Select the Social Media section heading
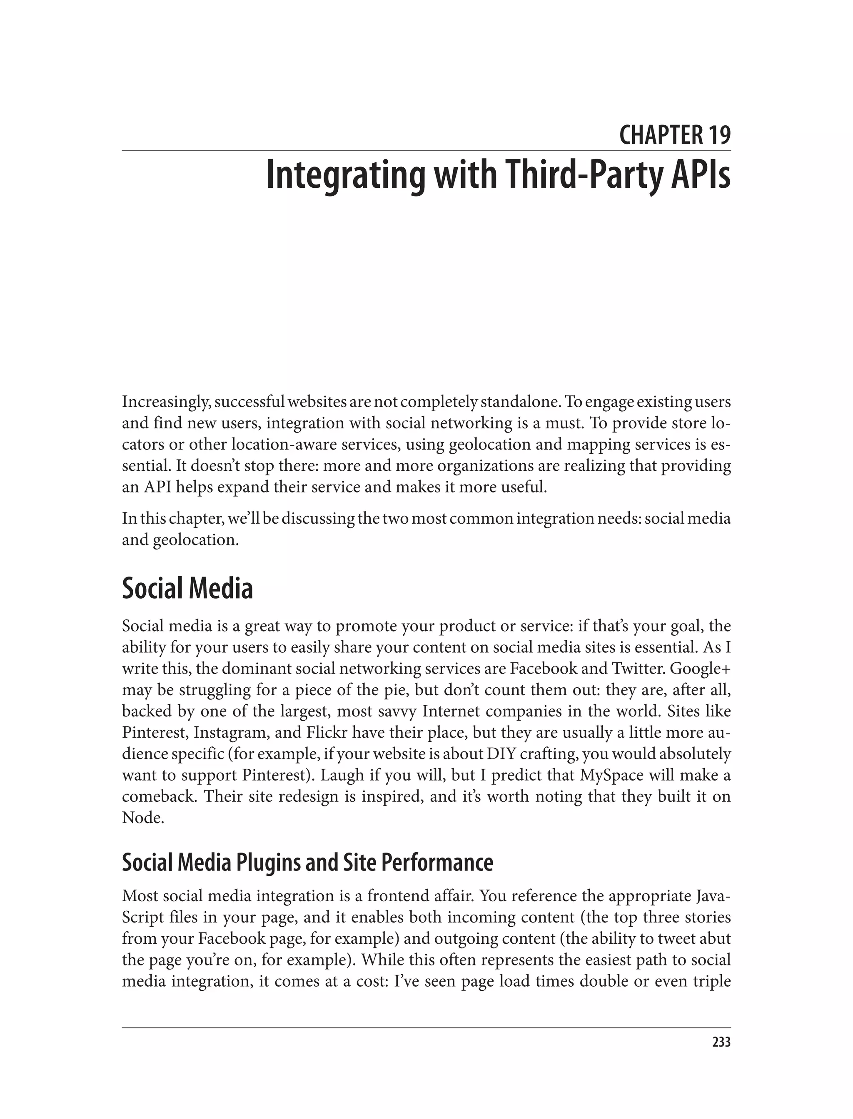187,589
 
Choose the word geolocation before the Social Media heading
195,540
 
